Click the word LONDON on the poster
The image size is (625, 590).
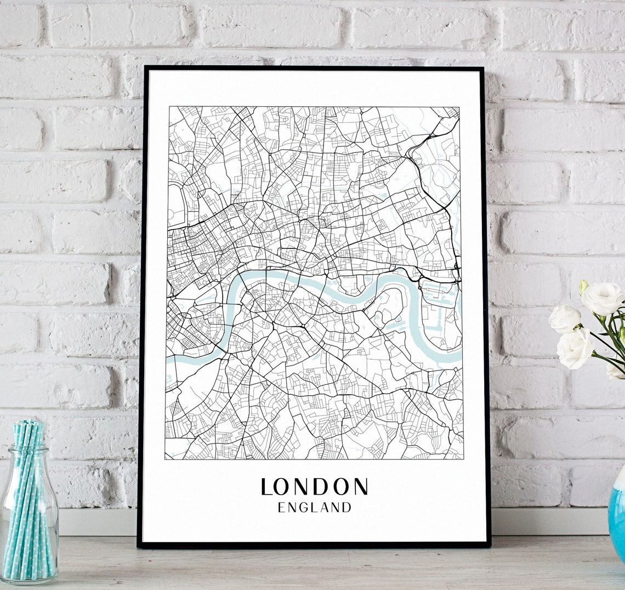pos(314,487)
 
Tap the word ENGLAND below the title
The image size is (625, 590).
pos(314,508)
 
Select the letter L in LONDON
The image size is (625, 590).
pos(267,487)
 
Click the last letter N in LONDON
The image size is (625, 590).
pos(360,487)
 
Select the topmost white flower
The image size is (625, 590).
pos(602,298)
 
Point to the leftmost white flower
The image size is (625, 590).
pos(564,319)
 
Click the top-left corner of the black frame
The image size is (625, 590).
pos(145,69)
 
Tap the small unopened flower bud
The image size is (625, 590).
pos(583,286)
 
